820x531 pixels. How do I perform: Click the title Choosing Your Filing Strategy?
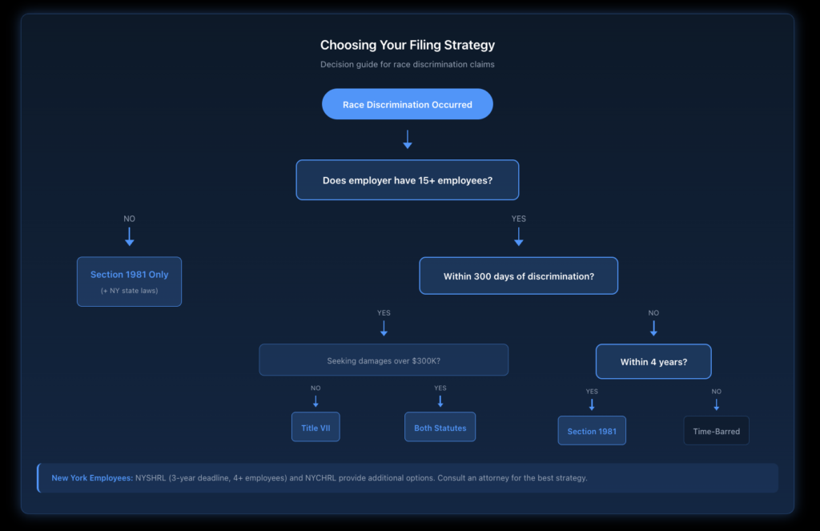(407, 46)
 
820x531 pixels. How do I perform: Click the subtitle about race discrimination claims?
(407, 64)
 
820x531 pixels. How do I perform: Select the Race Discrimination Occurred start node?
(407, 104)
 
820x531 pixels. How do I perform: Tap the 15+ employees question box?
(407, 180)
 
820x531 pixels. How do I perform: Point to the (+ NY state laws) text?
(129, 291)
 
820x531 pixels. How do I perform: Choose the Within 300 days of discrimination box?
(518, 276)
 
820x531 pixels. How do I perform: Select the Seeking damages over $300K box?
(383, 360)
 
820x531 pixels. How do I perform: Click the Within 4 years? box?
(653, 362)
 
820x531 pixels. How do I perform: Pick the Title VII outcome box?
(316, 428)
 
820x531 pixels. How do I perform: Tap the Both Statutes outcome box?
(440, 428)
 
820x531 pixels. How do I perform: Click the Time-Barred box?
(716, 431)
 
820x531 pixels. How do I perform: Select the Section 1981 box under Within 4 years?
(592, 431)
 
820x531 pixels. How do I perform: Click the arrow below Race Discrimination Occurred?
(407, 139)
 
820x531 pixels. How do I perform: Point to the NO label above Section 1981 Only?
(129, 218)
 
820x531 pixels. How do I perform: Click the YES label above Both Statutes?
(440, 388)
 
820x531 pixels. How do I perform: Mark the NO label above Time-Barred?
(716, 392)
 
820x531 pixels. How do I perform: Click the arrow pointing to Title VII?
(316, 401)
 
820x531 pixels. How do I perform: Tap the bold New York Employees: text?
(92, 478)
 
